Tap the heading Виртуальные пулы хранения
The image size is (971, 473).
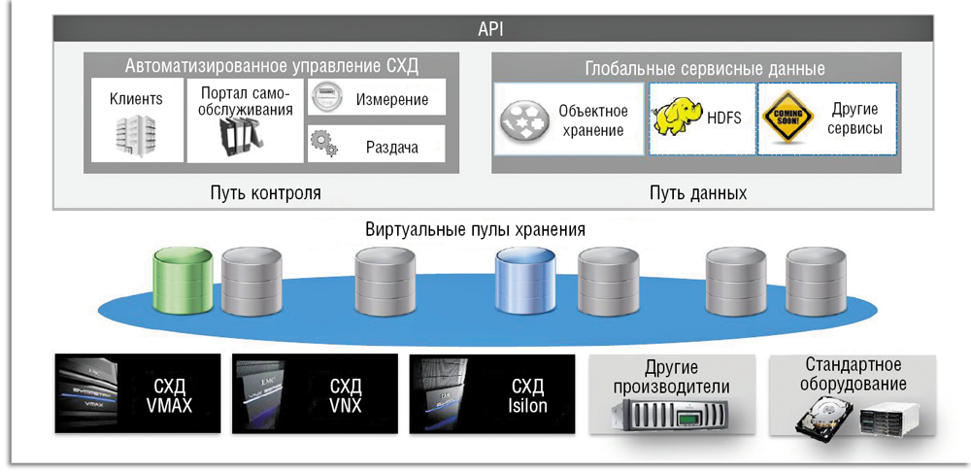[476, 230]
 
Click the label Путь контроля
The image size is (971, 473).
[265, 192]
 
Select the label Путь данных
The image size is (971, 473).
[698, 192]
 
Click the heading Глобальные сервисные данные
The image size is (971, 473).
[705, 69]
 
